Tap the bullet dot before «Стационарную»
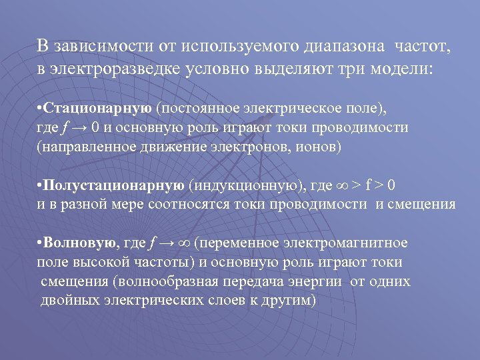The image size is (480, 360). [x=40, y=109]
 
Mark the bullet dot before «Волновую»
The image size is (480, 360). [x=40, y=243]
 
